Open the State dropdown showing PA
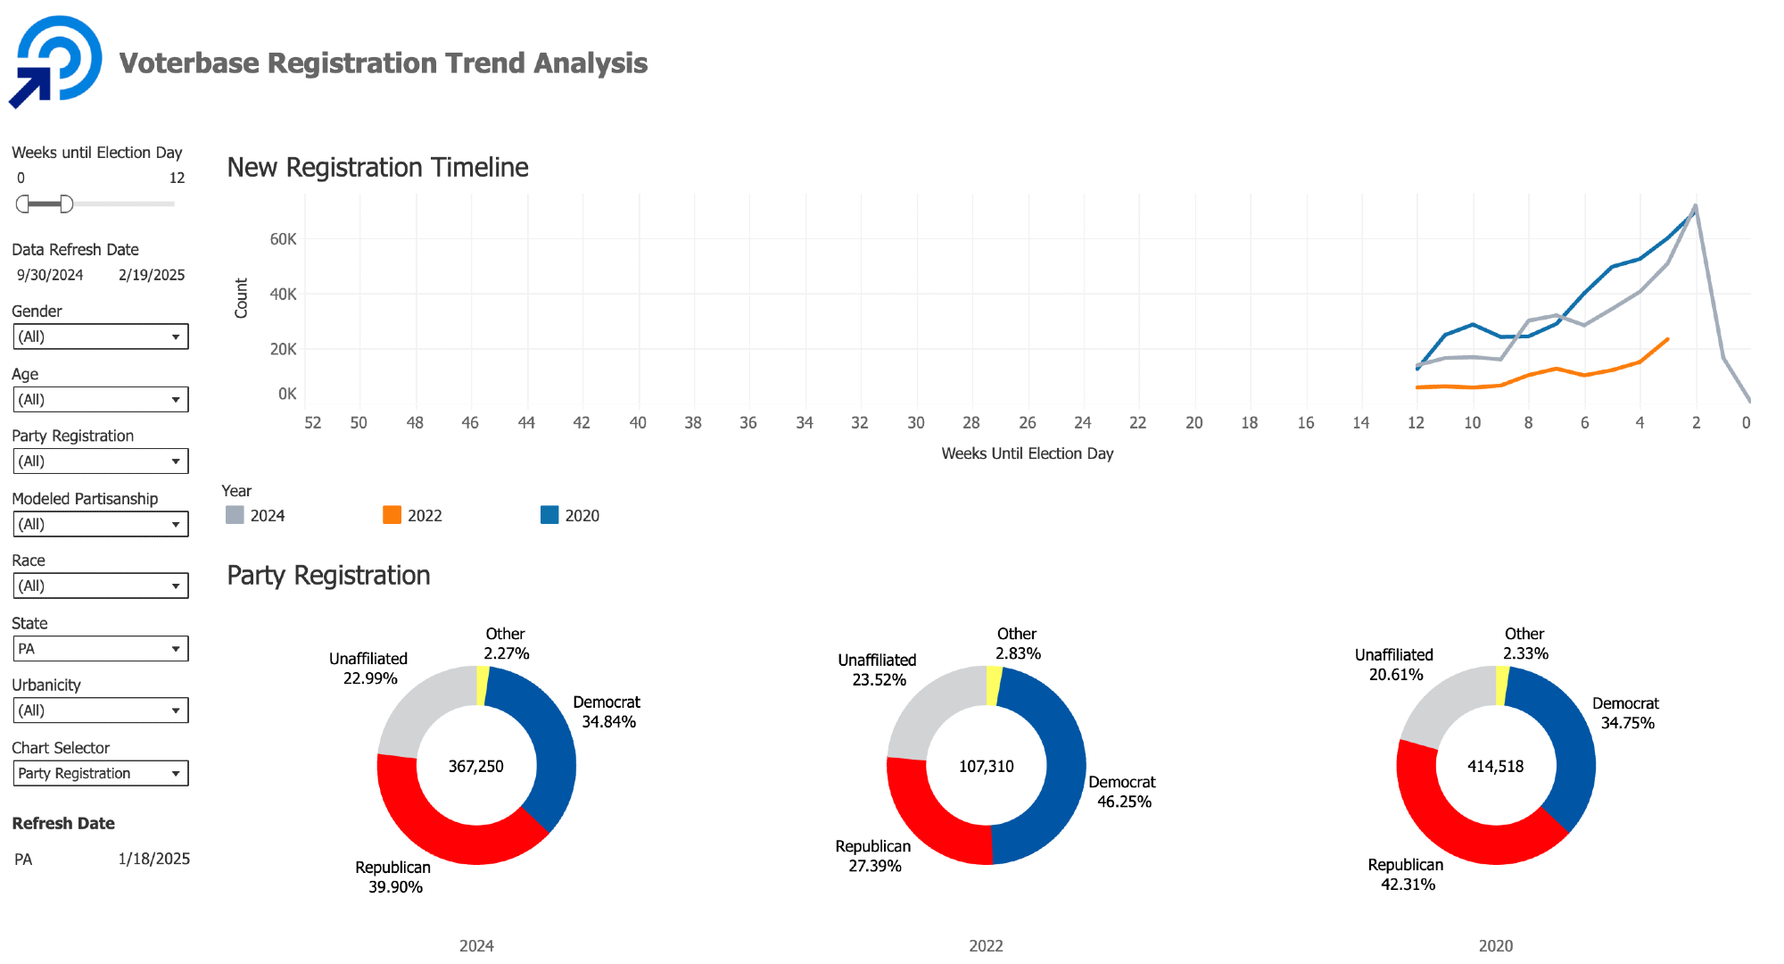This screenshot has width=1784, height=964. (x=100, y=649)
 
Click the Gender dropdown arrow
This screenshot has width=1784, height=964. (x=176, y=337)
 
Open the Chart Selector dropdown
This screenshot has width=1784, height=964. (x=100, y=773)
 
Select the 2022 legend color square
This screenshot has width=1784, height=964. (x=392, y=515)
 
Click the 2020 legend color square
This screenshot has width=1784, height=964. (x=549, y=515)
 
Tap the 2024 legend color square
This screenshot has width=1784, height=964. (x=235, y=515)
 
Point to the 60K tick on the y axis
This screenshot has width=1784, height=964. (x=283, y=239)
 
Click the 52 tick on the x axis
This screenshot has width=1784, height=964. (x=312, y=423)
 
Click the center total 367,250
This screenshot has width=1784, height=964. (x=475, y=767)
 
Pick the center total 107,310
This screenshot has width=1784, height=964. (x=986, y=767)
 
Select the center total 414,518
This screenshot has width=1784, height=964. (x=1495, y=767)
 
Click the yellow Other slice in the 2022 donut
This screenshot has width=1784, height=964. (x=994, y=686)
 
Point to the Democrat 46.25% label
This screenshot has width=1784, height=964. (x=1122, y=792)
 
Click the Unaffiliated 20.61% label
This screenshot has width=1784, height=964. (x=1394, y=665)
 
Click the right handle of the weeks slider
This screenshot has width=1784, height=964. (x=66, y=204)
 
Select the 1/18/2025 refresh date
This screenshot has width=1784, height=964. (x=153, y=859)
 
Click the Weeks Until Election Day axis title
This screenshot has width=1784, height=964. (x=1027, y=453)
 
